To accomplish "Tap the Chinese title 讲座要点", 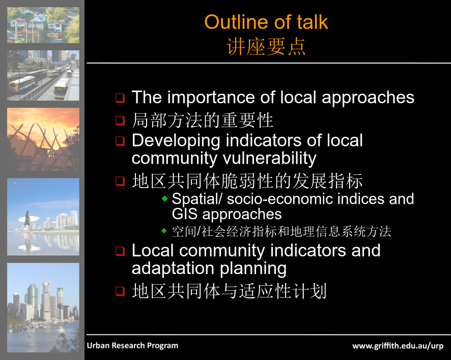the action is [266, 47].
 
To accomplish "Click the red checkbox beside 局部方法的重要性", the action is [120, 120].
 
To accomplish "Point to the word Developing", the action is [176, 141].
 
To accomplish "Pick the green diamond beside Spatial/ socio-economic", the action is [164, 198].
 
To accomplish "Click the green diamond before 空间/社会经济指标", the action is [164, 230].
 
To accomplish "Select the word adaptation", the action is [173, 268].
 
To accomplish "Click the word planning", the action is [253, 269].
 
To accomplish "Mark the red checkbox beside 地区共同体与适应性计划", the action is [120, 291].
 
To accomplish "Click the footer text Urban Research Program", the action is [132, 345].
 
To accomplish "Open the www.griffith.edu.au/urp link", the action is [398, 346].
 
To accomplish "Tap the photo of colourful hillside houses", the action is [43, 25].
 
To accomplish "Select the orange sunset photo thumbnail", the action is [43, 139].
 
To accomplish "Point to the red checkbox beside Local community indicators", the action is [120, 251].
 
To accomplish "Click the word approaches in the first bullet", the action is [368, 98].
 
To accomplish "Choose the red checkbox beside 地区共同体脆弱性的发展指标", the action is [120, 181].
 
